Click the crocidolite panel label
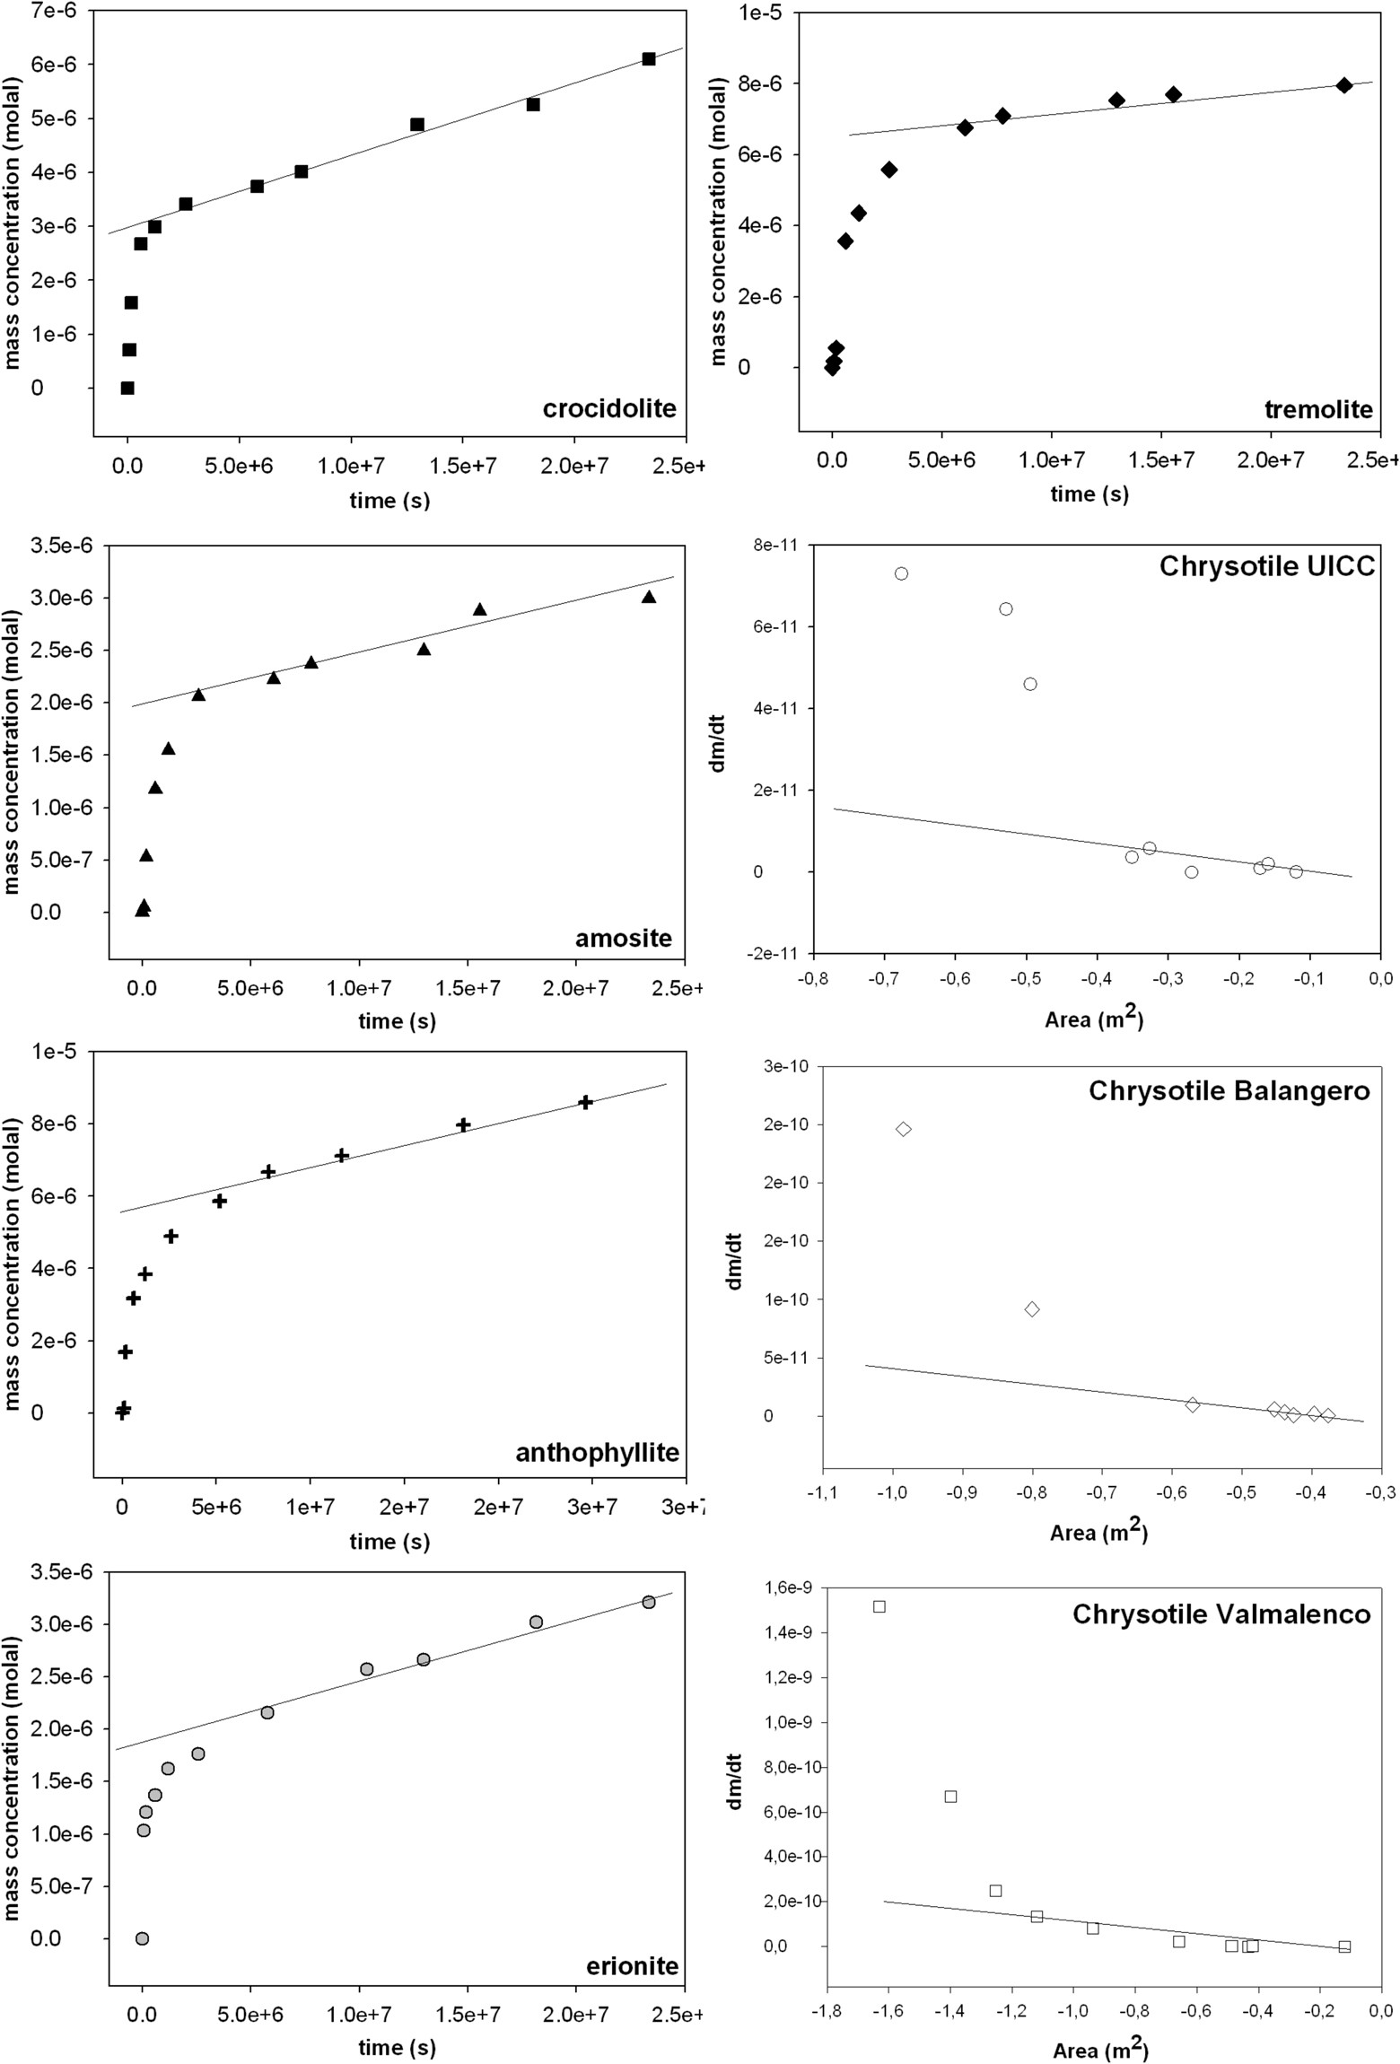coord(609,409)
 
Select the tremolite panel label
coord(1318,410)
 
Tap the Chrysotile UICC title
coord(1266,566)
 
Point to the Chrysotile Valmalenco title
coord(1221,1614)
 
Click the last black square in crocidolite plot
coord(649,59)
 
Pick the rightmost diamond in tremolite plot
coord(1343,85)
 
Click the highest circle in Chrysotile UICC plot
coord(901,573)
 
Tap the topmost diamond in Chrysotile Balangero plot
coord(904,1129)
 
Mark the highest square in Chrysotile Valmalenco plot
coord(879,1606)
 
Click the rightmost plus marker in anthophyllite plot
coord(585,1102)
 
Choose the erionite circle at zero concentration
coord(142,1938)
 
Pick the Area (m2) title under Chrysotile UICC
coord(1094,1019)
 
